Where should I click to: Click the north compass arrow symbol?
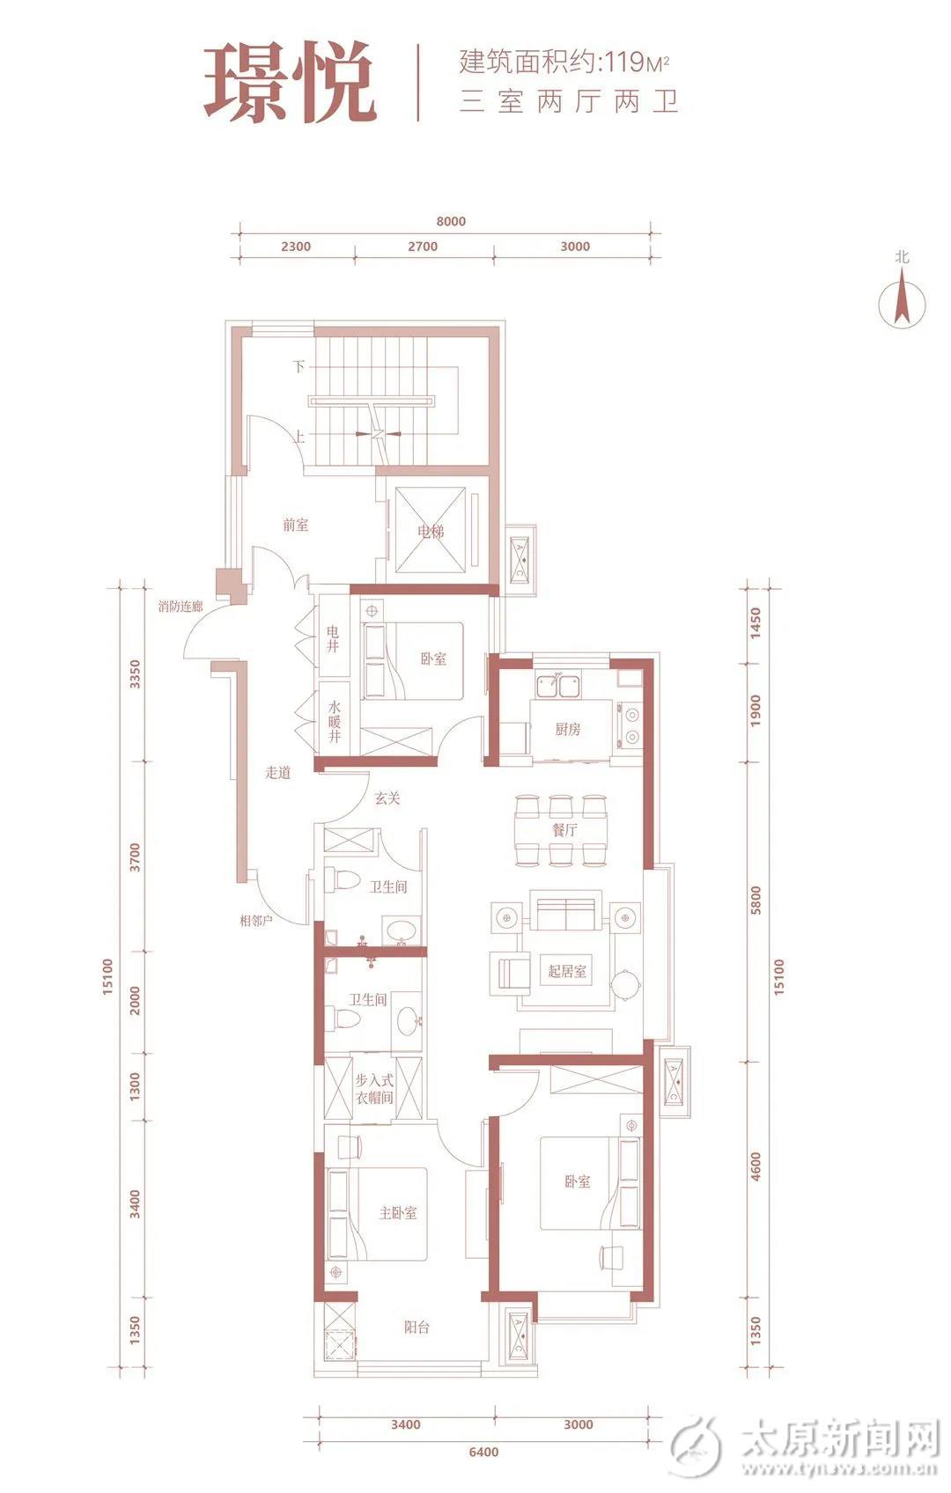click(x=902, y=300)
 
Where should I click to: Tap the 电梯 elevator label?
click(x=430, y=531)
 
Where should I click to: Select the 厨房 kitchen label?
click(x=568, y=729)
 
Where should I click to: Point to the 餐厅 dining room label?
click(x=564, y=830)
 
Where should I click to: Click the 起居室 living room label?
click(x=567, y=971)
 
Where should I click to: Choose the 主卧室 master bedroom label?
click(x=397, y=1213)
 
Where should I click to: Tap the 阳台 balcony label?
click(x=417, y=1327)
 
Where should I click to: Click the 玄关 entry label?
click(x=387, y=798)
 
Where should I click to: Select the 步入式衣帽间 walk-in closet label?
click(x=374, y=1088)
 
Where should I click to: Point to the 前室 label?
click(x=296, y=526)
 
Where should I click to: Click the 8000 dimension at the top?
click(x=451, y=221)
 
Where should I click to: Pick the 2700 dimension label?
click(x=423, y=246)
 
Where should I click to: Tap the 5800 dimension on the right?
click(x=756, y=900)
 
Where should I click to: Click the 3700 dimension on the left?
click(x=135, y=857)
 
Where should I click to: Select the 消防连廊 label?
click(x=180, y=607)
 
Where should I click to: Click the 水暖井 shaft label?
click(x=334, y=722)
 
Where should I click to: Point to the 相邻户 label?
click(x=256, y=921)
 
